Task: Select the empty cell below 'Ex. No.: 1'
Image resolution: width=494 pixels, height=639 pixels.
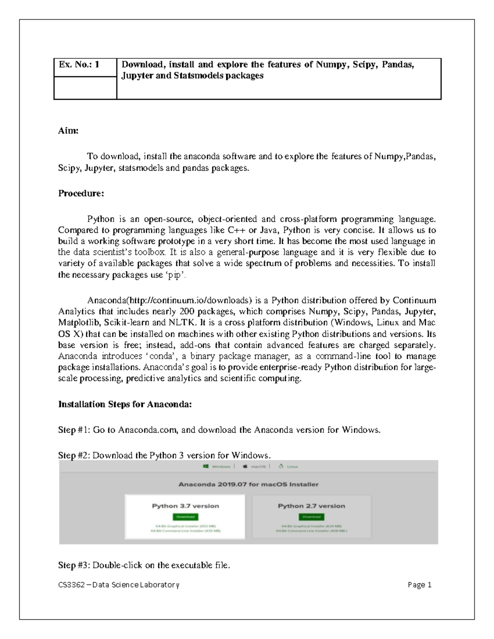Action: (85, 88)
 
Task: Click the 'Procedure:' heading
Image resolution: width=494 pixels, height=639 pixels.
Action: (81, 193)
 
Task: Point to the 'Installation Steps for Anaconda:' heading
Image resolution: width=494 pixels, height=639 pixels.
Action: (125, 404)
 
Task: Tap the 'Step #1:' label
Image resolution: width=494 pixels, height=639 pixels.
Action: (75, 430)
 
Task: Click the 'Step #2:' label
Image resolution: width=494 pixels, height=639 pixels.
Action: (75, 455)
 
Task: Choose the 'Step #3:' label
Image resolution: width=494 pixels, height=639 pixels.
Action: (75, 565)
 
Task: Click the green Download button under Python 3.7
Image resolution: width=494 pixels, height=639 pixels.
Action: (185, 517)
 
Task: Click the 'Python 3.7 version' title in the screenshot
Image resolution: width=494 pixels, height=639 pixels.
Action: (185, 506)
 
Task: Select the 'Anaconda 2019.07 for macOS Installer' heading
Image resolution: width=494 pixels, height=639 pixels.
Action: (248, 484)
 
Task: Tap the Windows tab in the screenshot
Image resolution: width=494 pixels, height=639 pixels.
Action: (217, 467)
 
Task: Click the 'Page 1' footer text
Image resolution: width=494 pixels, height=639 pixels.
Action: (419, 585)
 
